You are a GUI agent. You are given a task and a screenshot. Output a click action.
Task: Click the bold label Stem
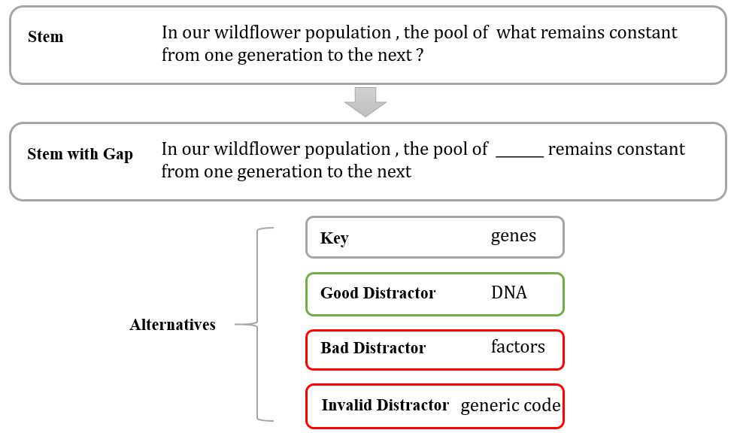(45, 37)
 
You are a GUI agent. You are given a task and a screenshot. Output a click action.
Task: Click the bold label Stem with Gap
(80, 154)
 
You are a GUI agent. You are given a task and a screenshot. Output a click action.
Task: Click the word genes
(513, 236)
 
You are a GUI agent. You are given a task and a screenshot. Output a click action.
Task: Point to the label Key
(334, 238)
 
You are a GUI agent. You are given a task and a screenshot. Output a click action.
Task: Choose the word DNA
(508, 292)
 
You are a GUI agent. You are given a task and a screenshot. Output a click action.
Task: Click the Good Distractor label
(378, 293)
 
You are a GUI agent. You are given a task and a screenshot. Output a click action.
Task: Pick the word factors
(517, 347)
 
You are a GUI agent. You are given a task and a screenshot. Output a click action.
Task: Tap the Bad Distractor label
(372, 348)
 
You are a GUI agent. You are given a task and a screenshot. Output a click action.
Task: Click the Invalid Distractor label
(385, 405)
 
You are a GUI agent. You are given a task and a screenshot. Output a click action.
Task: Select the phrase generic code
(510, 406)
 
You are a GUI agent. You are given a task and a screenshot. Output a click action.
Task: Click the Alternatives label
(172, 325)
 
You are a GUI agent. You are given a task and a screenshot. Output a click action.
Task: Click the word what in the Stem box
(519, 33)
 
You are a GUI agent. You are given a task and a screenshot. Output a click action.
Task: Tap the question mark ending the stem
(419, 56)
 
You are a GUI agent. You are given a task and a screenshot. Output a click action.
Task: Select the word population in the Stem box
(350, 33)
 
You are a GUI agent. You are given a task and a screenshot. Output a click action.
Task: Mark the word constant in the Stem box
(645, 33)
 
